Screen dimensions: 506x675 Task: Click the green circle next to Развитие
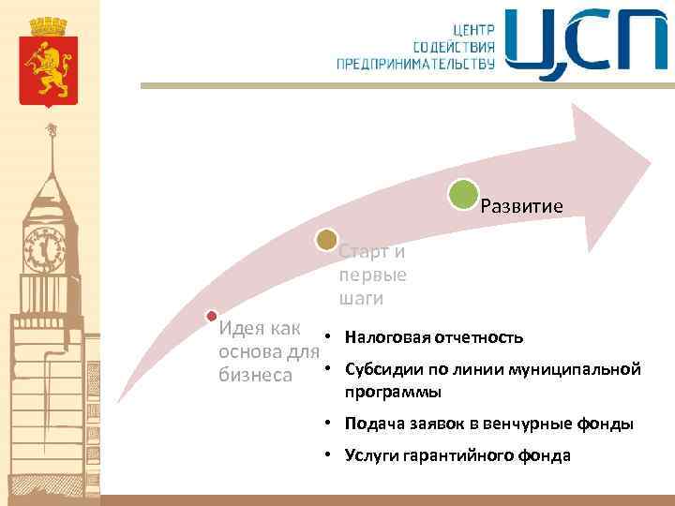(463, 195)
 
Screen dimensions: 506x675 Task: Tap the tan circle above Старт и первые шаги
(326, 241)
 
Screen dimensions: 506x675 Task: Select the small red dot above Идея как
(212, 316)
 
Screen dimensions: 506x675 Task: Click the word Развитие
(521, 206)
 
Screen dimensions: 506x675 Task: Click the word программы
(393, 392)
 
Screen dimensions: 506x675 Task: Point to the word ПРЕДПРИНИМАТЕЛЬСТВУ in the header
(416, 63)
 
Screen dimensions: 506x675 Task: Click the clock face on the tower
(44, 247)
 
